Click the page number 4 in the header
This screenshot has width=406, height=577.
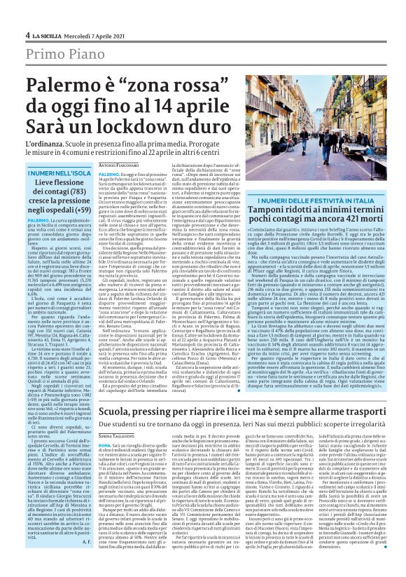(x=27, y=34)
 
